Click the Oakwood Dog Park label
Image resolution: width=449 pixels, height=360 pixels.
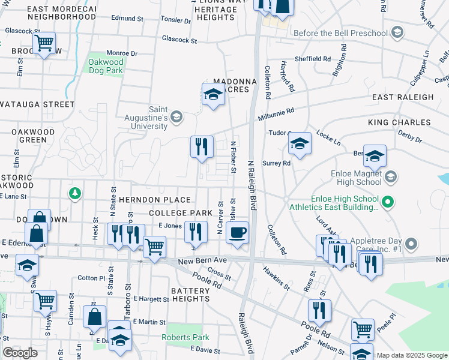click(x=106, y=66)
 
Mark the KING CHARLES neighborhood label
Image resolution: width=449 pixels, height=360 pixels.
click(x=399, y=122)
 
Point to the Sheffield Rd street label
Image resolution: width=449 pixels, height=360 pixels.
click(x=312, y=59)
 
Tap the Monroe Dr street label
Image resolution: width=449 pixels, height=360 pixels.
click(x=122, y=53)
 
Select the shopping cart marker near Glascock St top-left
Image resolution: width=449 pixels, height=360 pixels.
click(x=44, y=43)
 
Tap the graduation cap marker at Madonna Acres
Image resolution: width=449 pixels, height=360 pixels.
click(x=212, y=94)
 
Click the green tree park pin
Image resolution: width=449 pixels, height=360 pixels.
click(x=74, y=193)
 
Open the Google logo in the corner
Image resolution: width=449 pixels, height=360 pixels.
click(x=20, y=353)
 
